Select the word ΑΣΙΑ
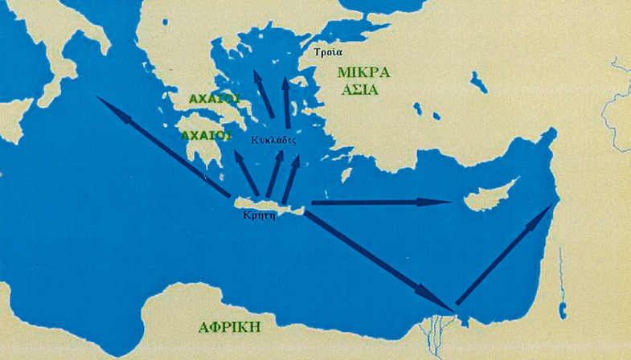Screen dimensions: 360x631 tap(359, 89)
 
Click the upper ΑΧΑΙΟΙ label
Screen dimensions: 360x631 tap(214, 98)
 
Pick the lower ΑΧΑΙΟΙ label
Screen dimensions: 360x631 tap(203, 135)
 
